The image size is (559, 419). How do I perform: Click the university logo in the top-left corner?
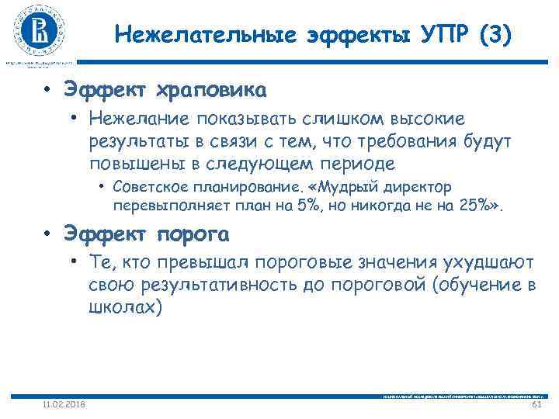click(x=38, y=31)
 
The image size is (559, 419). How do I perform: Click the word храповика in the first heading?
click(x=212, y=91)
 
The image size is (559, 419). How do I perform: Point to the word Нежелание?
click(x=134, y=119)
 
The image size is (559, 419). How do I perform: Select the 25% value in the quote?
click(x=478, y=207)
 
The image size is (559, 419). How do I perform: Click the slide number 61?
click(x=536, y=404)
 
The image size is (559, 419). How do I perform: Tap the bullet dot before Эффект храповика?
click(x=47, y=91)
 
